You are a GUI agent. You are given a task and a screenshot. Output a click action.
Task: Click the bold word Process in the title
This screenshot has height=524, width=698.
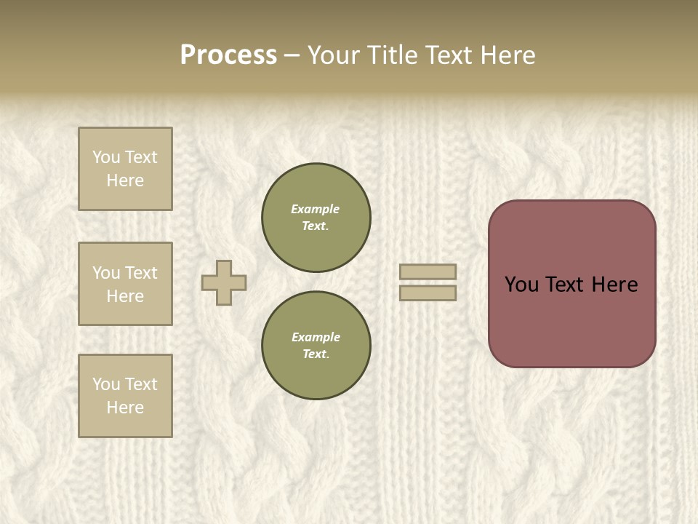228,55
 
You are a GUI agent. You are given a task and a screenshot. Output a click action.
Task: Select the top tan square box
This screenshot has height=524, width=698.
125,169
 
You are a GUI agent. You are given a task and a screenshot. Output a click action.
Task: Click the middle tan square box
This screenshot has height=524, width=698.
125,284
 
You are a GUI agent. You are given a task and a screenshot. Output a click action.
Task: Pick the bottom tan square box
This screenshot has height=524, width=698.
125,396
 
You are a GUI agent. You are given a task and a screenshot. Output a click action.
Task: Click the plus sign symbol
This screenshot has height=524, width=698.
224,282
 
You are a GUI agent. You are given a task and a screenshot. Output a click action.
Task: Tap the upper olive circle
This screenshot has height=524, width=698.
316,218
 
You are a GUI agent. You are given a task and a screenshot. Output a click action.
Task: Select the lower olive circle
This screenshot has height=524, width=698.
316,346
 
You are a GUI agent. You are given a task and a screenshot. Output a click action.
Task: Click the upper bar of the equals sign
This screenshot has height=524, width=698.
428,271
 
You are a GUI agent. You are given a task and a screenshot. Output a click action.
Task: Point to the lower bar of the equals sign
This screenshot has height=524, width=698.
428,293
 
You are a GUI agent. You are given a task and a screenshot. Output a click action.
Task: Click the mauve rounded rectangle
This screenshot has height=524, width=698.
571,320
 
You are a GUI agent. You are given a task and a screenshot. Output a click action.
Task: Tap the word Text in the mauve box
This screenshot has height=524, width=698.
566,285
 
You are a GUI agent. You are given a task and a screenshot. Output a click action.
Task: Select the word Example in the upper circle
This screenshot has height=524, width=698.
316,209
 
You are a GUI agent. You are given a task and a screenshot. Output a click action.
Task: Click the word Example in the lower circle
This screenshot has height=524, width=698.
316,337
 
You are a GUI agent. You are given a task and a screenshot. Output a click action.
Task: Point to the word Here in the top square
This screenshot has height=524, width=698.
125,180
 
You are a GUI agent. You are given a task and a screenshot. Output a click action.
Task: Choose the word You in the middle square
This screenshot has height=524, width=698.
106,273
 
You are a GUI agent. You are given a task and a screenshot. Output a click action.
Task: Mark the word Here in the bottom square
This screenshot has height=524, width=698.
125,408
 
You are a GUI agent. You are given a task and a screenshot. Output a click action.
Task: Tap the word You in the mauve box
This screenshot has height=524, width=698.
522,285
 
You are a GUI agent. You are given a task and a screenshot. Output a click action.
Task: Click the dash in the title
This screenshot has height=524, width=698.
292,55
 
